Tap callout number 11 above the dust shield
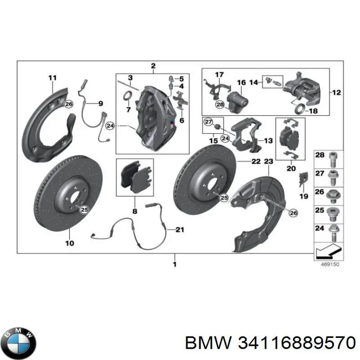point(53,78)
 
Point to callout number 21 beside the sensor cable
point(180,230)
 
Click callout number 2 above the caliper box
point(153,66)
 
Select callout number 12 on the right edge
point(336,93)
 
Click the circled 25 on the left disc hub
point(83,208)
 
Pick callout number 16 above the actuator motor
point(242,83)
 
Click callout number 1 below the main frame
point(175,264)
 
